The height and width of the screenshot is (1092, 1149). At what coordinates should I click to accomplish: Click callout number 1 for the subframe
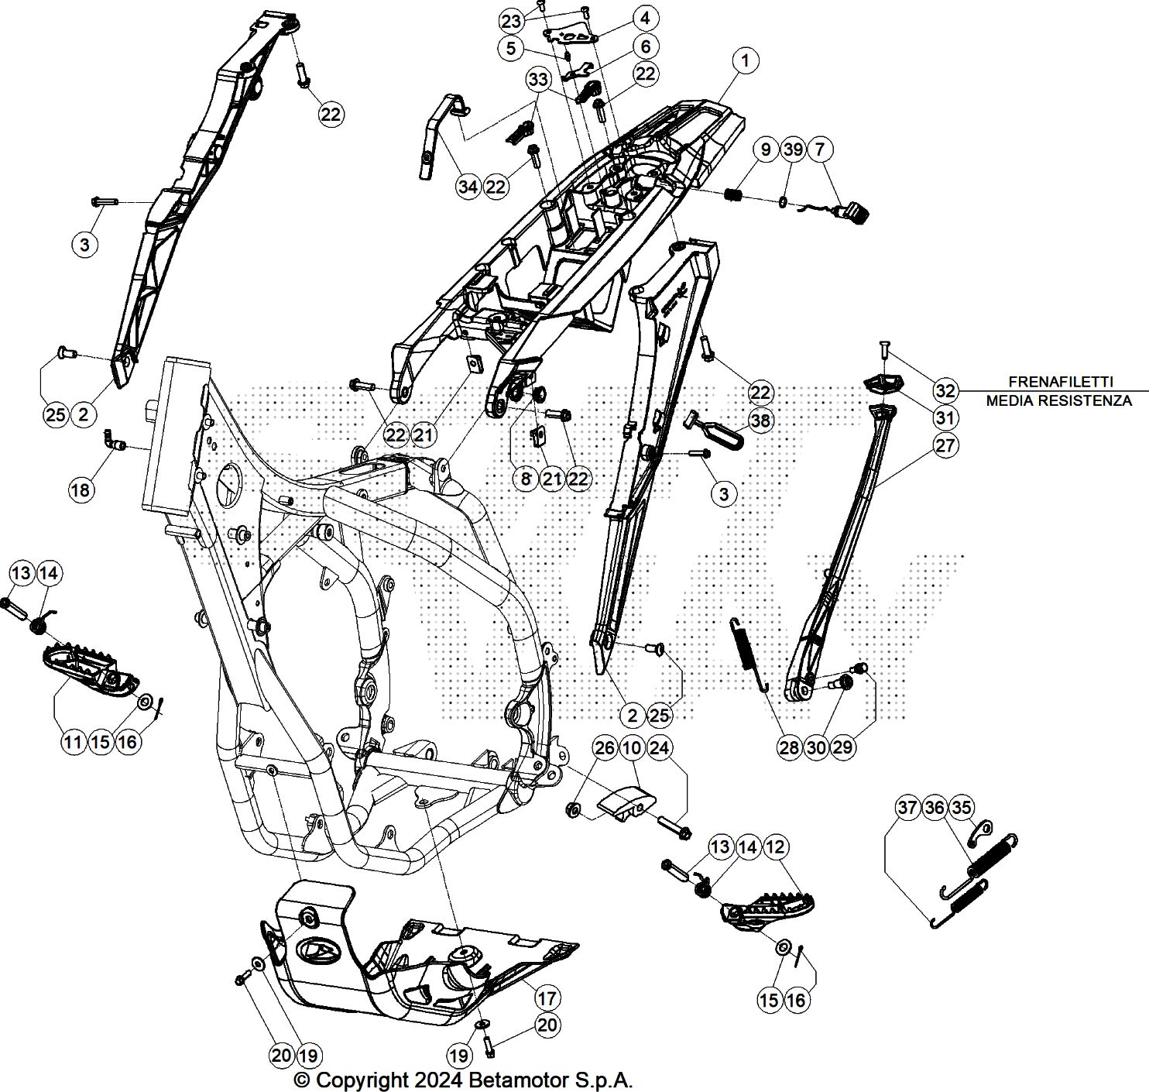coord(745,60)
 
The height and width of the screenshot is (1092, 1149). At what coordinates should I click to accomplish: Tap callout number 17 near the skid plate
coord(547,998)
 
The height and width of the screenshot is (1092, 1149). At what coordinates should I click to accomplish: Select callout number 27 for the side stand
coord(945,445)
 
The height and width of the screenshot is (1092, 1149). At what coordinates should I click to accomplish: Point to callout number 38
coord(761,421)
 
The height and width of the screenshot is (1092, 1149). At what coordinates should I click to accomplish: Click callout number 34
coord(468,186)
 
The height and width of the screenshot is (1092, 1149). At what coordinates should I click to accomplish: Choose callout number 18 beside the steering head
coord(81,489)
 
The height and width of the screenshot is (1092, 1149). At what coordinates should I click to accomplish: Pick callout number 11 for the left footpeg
coord(73,742)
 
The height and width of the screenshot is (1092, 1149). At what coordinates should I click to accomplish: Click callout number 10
coord(633,747)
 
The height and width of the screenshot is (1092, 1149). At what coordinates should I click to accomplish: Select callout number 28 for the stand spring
coord(789,747)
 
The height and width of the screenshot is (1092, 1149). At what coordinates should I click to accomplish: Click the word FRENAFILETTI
coord(1060,381)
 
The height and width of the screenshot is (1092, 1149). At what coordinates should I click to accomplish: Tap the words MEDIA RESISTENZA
coord(1058,400)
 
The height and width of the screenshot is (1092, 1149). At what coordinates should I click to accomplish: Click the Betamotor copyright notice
coord(464,1080)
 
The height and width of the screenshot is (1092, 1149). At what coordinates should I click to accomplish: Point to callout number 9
coord(766,149)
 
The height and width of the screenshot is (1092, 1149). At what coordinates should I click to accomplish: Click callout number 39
coord(793,149)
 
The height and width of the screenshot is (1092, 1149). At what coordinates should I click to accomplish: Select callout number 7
coord(821,149)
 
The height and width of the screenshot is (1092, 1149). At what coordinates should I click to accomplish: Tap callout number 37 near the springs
coord(907,808)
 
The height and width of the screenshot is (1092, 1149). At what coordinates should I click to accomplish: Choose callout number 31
coord(945,417)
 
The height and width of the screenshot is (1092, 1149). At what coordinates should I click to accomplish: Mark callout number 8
coord(526,479)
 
